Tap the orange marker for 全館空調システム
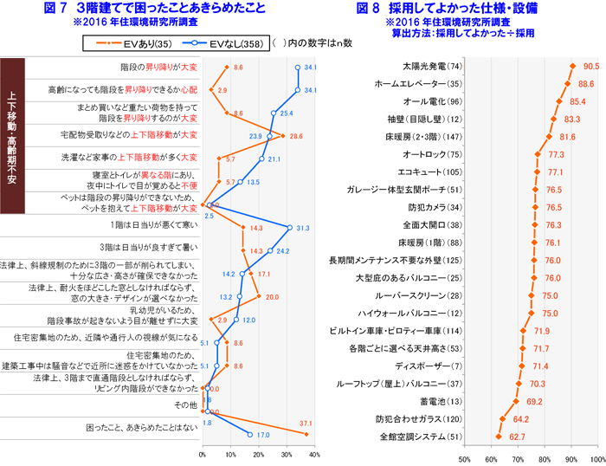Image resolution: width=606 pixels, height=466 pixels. [500, 437]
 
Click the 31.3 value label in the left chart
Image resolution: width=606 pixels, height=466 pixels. [302, 228]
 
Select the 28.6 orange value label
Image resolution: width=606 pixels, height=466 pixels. [295, 135]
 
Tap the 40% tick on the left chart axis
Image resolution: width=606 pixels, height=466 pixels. [313, 453]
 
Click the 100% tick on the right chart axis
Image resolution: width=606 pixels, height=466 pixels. [597, 457]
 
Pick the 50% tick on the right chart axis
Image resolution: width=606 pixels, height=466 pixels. [464, 457]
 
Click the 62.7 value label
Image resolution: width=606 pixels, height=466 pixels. [518, 437]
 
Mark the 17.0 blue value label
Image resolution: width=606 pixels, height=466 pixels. [264, 435]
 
